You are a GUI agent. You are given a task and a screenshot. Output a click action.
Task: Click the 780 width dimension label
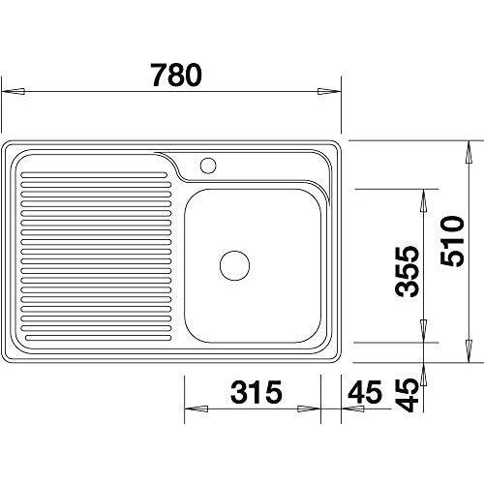176,75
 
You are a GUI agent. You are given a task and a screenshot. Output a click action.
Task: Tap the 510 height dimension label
452,241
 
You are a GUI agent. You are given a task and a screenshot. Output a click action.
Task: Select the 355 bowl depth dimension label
408,271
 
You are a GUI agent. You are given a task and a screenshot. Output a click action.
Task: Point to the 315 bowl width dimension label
257,392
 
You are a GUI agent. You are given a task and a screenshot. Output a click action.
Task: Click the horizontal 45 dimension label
365,392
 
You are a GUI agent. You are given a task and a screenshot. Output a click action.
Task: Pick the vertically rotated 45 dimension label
408,395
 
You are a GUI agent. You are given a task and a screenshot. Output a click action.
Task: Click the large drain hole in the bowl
234,265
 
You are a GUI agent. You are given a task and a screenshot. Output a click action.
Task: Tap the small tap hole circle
208,166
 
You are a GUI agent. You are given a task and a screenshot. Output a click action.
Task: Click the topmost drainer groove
94,175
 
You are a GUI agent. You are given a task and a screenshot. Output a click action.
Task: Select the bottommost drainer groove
98,338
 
